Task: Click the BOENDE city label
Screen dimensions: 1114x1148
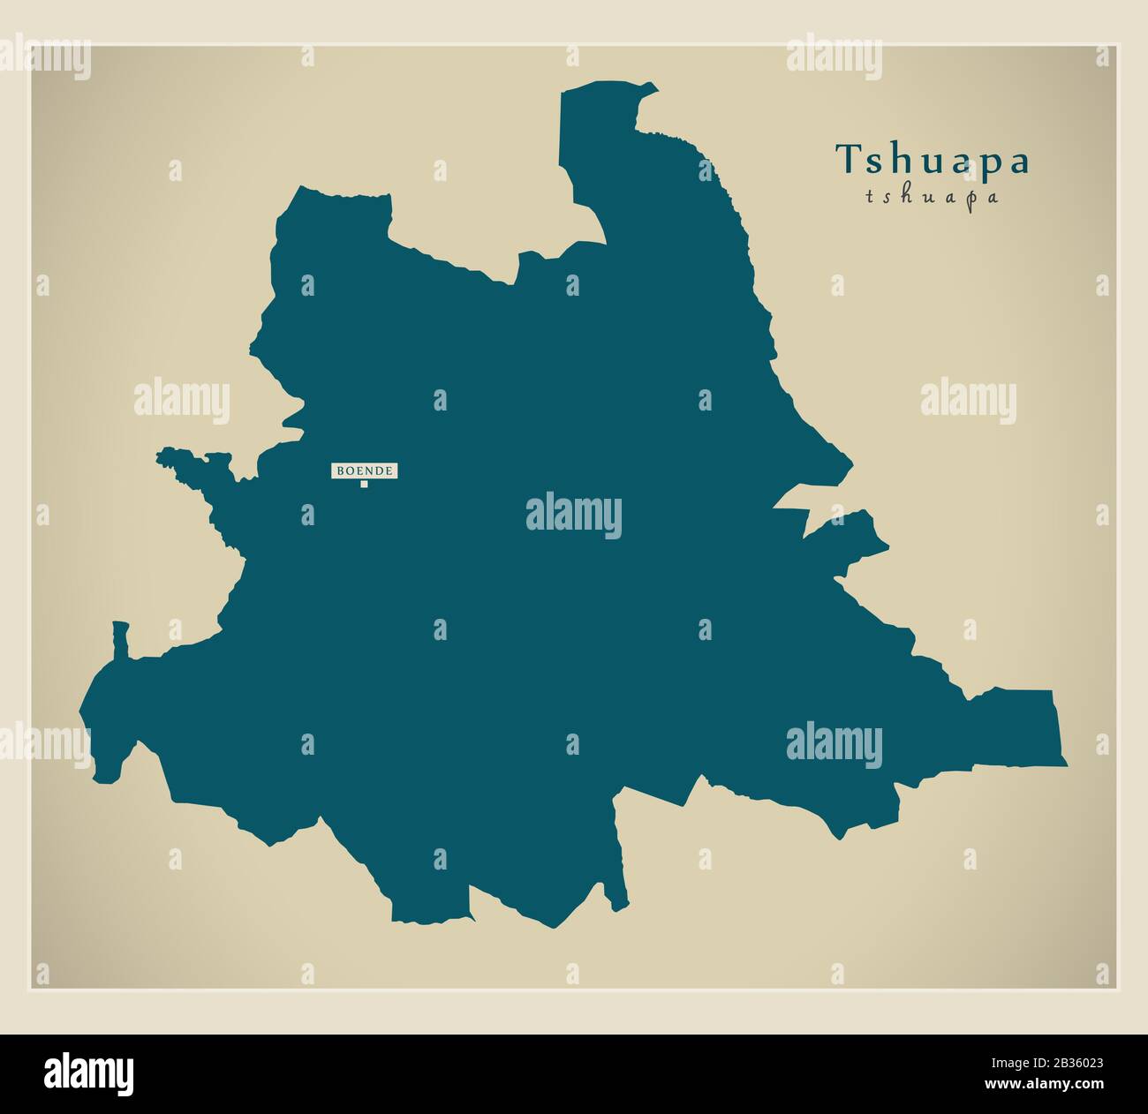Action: pos(364,471)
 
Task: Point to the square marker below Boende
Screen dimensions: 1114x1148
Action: pos(363,484)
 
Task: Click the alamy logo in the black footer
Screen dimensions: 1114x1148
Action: pos(89,1073)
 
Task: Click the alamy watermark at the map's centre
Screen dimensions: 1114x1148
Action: pos(574,516)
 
